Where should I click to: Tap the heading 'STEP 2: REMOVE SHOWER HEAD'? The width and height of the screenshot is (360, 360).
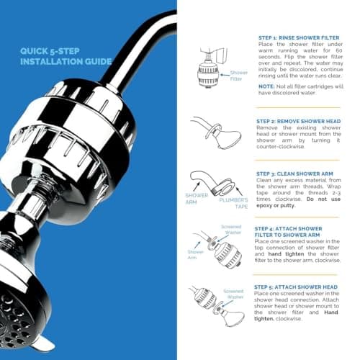pos(295,122)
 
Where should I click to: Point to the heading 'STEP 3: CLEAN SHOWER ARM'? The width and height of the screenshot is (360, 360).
pos(292,174)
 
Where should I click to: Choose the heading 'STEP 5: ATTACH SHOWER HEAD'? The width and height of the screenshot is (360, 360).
pos(296,287)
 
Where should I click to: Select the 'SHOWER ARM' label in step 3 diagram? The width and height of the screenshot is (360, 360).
pos(197,198)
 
